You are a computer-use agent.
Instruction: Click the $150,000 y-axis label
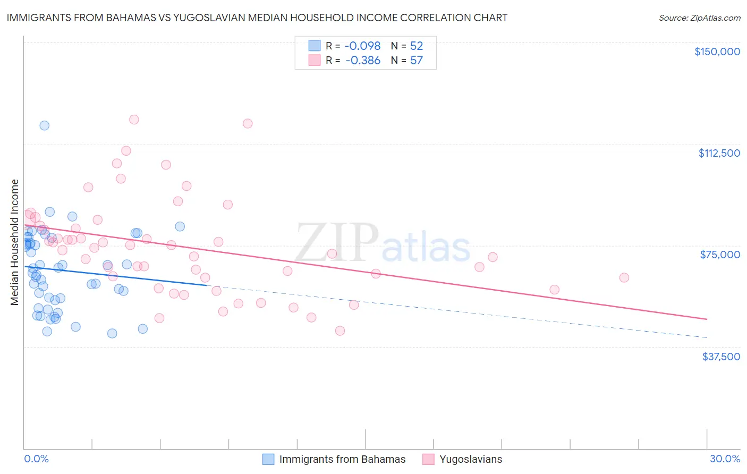[717, 52]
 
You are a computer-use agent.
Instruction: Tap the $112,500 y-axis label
[719, 153]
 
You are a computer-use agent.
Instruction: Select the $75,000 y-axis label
[720, 255]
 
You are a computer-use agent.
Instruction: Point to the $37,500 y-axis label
[721, 357]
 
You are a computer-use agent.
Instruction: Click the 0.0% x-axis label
[36, 459]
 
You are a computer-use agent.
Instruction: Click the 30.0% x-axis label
[725, 459]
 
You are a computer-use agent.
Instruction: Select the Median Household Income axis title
[14, 242]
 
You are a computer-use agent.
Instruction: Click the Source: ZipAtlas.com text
[699, 18]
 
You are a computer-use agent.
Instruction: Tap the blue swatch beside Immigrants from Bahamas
[269, 460]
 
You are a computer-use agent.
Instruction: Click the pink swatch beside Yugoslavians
[429, 460]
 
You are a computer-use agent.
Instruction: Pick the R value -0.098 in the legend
[363, 46]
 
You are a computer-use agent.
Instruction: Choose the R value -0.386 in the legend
[363, 61]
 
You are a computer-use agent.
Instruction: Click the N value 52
[417, 46]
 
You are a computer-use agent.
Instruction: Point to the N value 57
[417, 61]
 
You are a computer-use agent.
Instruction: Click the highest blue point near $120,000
[45, 125]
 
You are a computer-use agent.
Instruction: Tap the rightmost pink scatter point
[624, 278]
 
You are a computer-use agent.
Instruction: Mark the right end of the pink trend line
[707, 319]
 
